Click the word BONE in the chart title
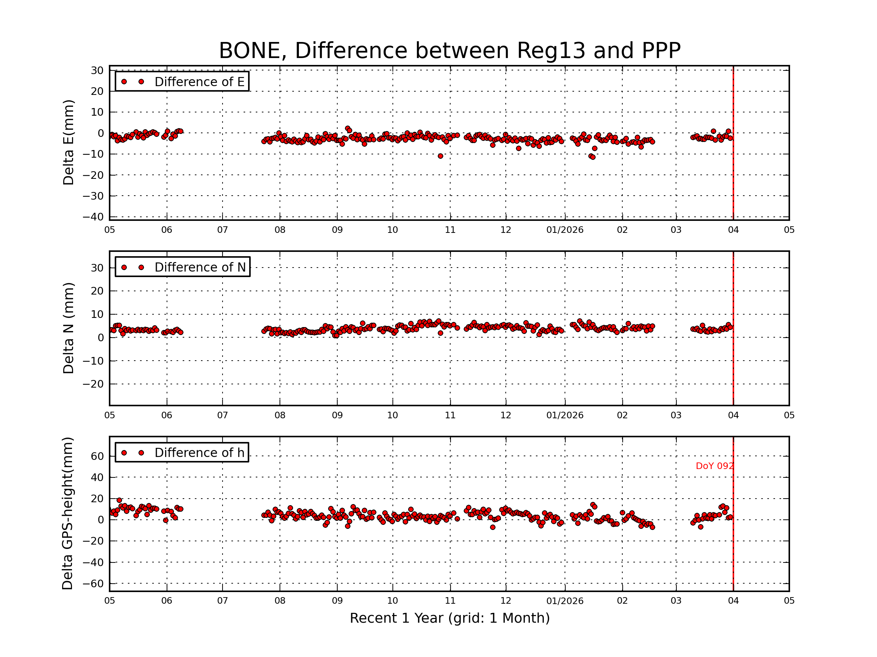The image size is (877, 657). pyautogui.click(x=251, y=51)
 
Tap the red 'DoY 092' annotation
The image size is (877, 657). pyautogui.click(x=714, y=466)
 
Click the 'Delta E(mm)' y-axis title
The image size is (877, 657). pyautogui.click(x=69, y=143)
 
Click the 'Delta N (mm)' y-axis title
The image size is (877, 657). pyautogui.click(x=69, y=328)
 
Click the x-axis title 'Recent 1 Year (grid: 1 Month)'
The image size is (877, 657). pyautogui.click(x=449, y=618)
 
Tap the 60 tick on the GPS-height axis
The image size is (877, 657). pyautogui.click(x=97, y=456)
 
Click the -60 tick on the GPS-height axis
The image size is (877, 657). pyautogui.click(x=93, y=584)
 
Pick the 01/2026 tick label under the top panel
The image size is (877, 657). pyautogui.click(x=565, y=230)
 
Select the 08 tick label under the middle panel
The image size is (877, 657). pyautogui.click(x=280, y=415)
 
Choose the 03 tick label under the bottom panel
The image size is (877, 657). pyautogui.click(x=676, y=601)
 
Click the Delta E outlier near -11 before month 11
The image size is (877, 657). pyautogui.click(x=440, y=156)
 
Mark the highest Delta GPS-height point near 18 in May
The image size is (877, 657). pyautogui.click(x=119, y=500)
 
